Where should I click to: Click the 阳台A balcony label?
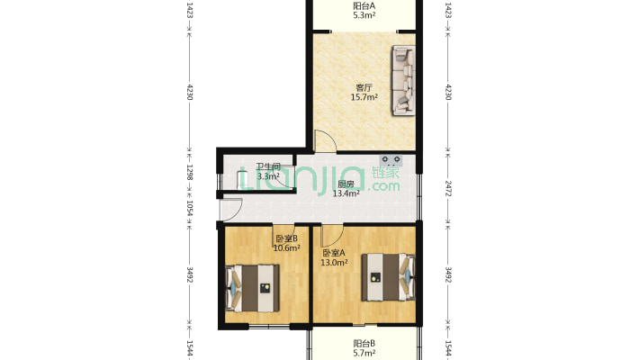pos(364,6)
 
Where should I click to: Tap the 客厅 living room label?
pos(364,87)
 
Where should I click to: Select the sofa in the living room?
pos(404,80)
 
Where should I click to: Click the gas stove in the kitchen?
pos(391,160)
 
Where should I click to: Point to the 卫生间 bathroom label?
pos(268,166)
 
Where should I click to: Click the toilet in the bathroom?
pos(243,180)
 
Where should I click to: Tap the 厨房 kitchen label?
pos(346,184)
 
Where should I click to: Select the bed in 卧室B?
pos(253,288)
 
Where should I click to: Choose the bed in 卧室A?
pos(389,277)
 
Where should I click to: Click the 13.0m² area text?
pos(334,263)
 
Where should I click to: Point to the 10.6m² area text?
pos(287,247)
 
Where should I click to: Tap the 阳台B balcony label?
pos(364,344)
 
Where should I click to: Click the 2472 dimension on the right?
pos(448,188)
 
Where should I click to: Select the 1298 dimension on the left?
pos(190,172)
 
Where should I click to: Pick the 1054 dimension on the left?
pos(190,208)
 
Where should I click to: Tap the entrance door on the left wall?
pos(231,209)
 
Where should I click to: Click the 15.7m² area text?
pos(364,97)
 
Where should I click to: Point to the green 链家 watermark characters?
pos(385,172)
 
